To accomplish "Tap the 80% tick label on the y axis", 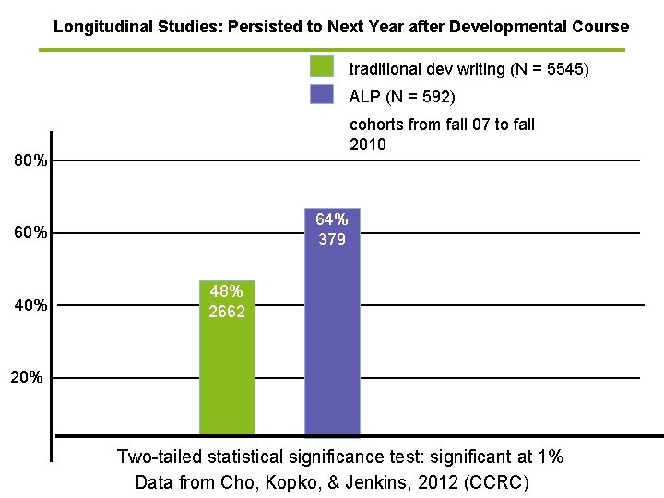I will (x=30, y=161).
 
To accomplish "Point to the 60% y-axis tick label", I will (x=30, y=233).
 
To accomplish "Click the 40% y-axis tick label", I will (x=30, y=305).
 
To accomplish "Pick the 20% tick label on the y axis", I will (x=25, y=377).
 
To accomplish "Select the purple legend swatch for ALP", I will (x=322, y=95).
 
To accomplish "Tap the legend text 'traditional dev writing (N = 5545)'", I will (x=468, y=69).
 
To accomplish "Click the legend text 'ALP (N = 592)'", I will (x=402, y=97).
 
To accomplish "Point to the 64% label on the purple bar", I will (x=332, y=219).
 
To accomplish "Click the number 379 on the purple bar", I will (x=332, y=240).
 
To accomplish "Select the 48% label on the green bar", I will (x=227, y=291).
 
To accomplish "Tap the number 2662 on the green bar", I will (x=227, y=312).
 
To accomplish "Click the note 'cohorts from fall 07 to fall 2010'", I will (x=442, y=135).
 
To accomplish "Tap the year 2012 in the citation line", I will (x=441, y=482).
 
